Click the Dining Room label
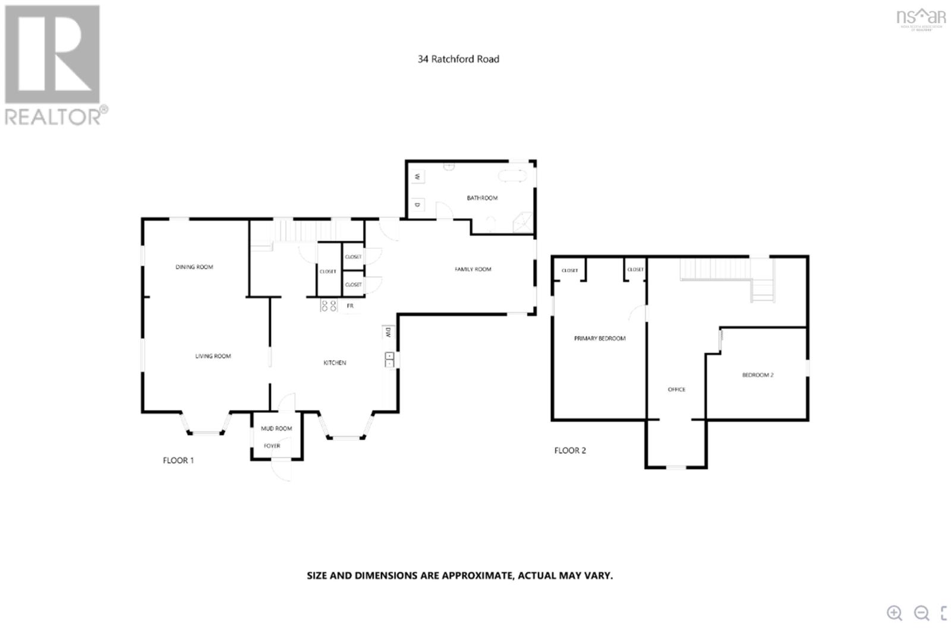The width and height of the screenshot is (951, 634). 194,267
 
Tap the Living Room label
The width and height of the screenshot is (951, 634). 213,356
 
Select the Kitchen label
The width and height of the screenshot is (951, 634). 335,362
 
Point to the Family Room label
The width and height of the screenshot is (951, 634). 473,269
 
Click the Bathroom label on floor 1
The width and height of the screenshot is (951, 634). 482,198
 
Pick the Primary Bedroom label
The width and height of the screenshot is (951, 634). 600,338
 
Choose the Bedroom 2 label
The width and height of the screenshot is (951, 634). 758,375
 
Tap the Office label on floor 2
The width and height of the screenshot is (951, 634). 676,389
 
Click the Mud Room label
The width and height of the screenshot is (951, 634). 276,428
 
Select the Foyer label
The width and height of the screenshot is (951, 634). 272,446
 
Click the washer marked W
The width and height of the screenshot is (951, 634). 417,176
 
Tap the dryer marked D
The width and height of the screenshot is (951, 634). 417,205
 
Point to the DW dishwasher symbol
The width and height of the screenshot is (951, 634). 388,332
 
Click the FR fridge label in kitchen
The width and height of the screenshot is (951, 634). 350,306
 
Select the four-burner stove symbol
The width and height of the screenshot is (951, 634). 329,306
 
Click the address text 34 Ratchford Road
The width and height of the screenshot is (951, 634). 458,59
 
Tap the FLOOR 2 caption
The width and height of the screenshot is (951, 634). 570,450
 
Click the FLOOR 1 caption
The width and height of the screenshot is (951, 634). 178,460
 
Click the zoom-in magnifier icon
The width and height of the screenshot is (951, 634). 895,613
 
